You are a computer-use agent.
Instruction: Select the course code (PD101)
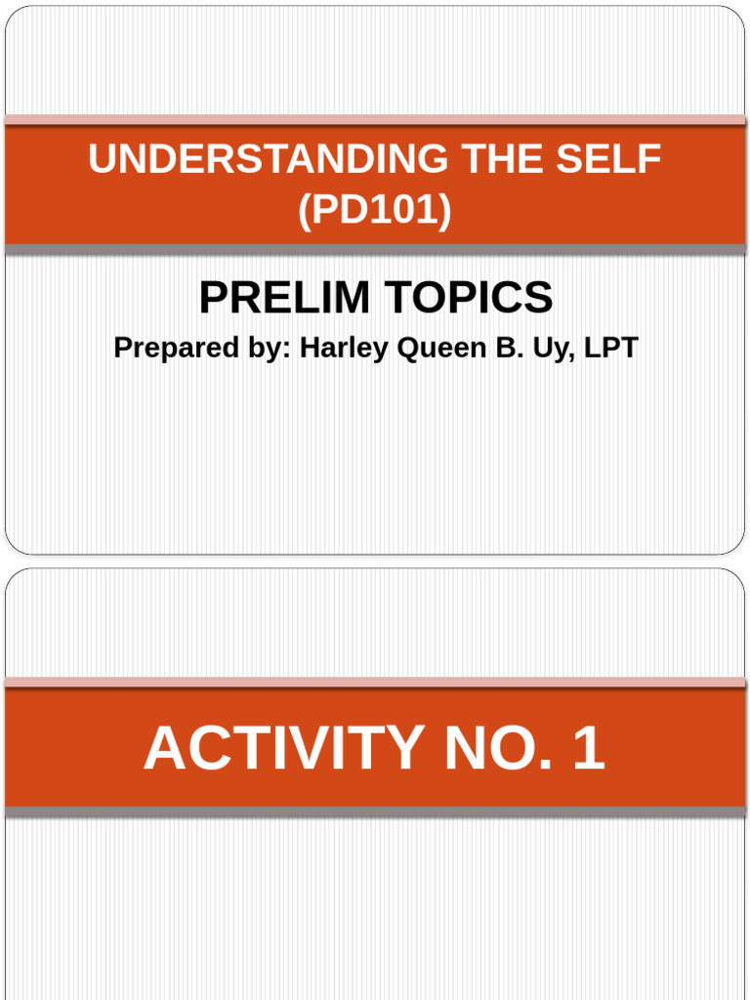(x=375, y=211)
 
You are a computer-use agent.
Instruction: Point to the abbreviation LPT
(x=609, y=348)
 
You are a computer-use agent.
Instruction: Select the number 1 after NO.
(x=588, y=749)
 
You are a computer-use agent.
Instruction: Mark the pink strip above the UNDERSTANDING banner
(x=375, y=120)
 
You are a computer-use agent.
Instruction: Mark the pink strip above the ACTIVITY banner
(x=375, y=683)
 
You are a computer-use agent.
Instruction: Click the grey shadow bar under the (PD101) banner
(x=375, y=250)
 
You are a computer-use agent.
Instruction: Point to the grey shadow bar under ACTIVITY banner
(x=375, y=812)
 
